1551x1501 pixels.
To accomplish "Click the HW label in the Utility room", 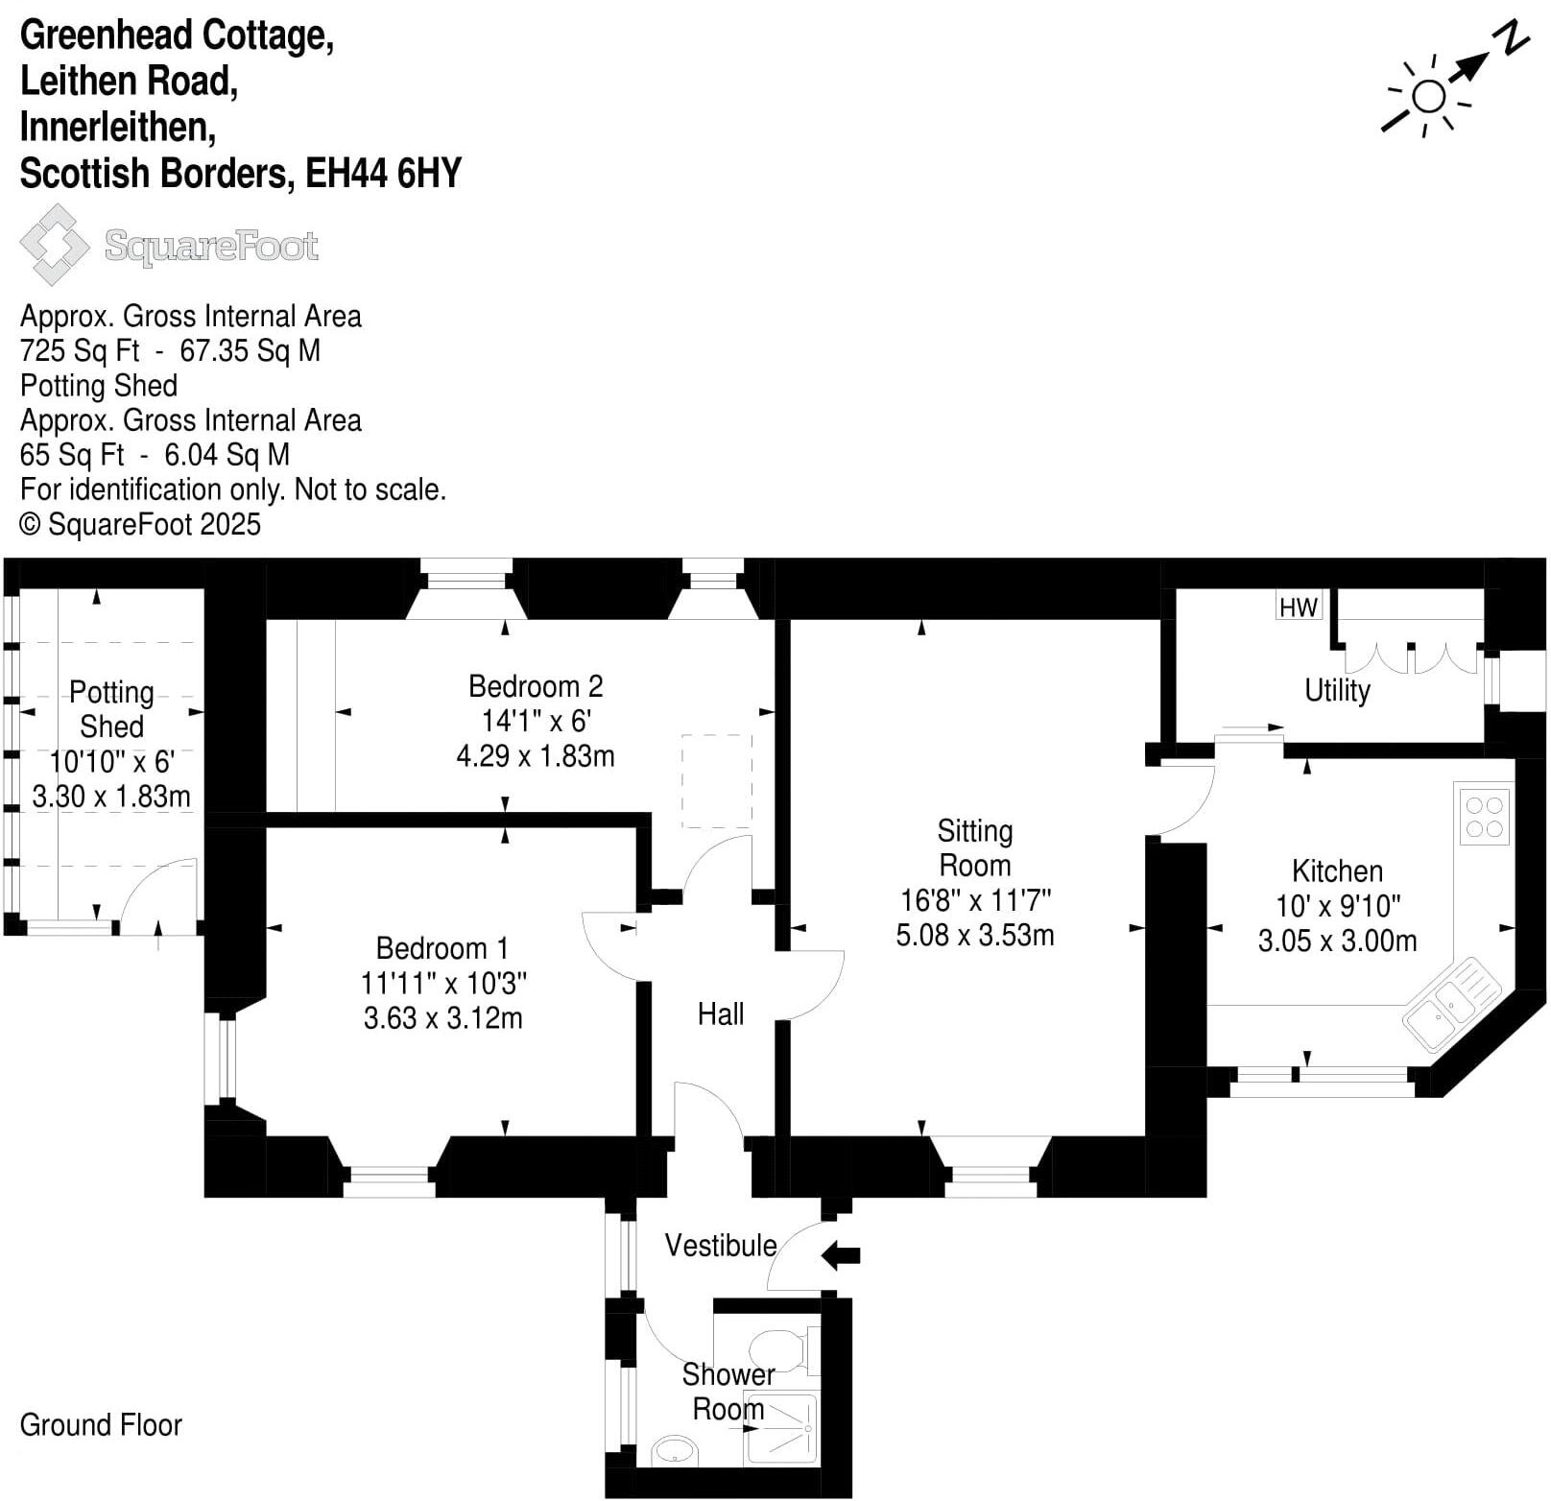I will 1299,607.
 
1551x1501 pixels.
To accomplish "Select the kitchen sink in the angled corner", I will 1450,1001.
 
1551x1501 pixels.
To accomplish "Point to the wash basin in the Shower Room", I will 675,1450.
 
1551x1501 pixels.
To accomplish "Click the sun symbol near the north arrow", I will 1428,97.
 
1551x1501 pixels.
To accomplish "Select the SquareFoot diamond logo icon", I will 55,245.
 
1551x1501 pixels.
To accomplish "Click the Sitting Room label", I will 974,847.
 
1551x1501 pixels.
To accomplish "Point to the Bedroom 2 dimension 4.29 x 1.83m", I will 536,755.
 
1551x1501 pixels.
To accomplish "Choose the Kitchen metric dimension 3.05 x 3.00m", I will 1337,940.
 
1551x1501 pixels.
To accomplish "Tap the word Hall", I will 721,1013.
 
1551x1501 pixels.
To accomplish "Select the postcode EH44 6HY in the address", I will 383,174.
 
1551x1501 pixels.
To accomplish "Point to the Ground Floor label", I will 101,1424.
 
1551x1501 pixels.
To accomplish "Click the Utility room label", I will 1337,690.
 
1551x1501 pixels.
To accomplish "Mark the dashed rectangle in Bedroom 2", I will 716,781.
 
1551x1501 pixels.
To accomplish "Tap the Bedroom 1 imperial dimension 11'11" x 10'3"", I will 443,983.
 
